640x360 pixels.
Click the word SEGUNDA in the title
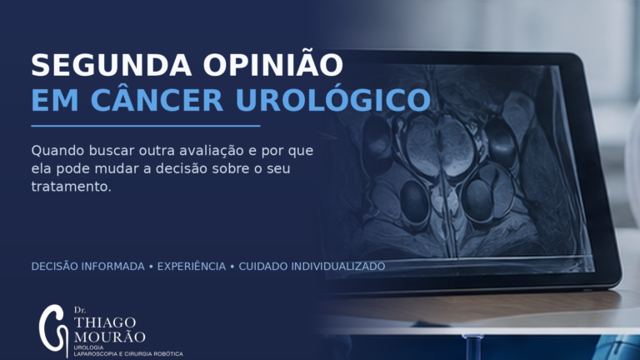(x=112, y=65)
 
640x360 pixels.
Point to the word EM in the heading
(x=55, y=100)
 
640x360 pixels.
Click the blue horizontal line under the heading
(x=146, y=126)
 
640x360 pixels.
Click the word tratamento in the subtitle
(x=70, y=187)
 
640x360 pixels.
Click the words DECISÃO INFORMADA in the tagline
(x=87, y=267)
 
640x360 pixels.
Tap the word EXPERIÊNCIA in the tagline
(x=192, y=266)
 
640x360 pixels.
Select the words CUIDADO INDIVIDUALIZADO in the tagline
(x=312, y=267)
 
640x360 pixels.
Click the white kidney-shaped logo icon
(x=53, y=331)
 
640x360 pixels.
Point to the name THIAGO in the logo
(x=105, y=322)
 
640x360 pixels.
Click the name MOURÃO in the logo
(x=109, y=337)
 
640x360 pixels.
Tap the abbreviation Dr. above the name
(x=80, y=310)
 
